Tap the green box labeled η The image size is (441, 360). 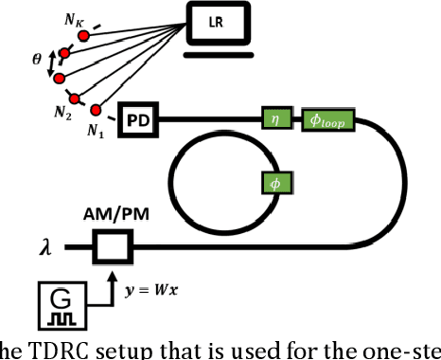(277, 119)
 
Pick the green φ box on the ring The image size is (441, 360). (275, 181)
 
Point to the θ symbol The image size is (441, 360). (35, 59)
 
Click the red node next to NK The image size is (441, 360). (83, 35)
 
